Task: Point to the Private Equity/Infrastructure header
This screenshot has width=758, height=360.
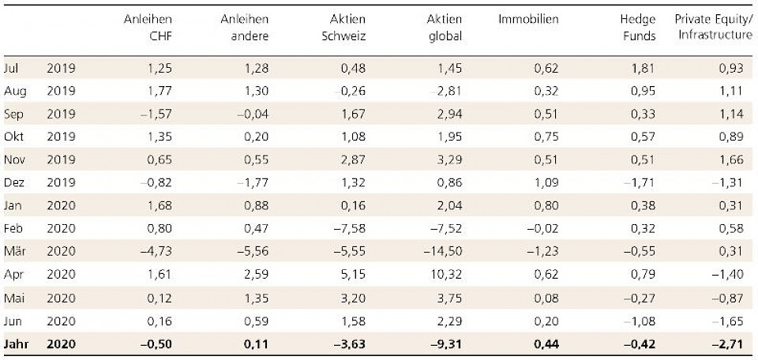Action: tap(709, 28)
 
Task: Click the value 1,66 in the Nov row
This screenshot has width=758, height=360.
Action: tap(731, 159)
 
